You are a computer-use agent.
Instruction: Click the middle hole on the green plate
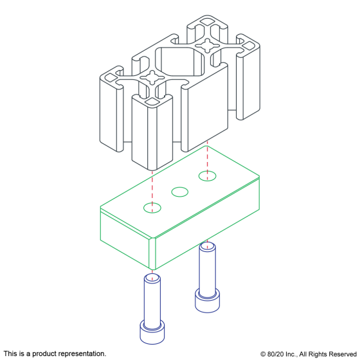click(x=180, y=192)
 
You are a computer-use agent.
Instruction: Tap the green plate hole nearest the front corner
click(x=152, y=208)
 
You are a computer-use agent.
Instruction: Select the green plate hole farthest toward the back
click(x=207, y=176)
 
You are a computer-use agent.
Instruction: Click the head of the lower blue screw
click(x=152, y=332)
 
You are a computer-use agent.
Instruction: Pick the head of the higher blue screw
click(x=207, y=300)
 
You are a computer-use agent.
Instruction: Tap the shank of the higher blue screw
click(x=207, y=268)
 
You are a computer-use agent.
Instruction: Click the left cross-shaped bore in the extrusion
click(x=152, y=77)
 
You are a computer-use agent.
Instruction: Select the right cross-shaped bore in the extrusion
click(x=207, y=46)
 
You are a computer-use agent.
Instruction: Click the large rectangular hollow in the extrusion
click(x=180, y=62)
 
